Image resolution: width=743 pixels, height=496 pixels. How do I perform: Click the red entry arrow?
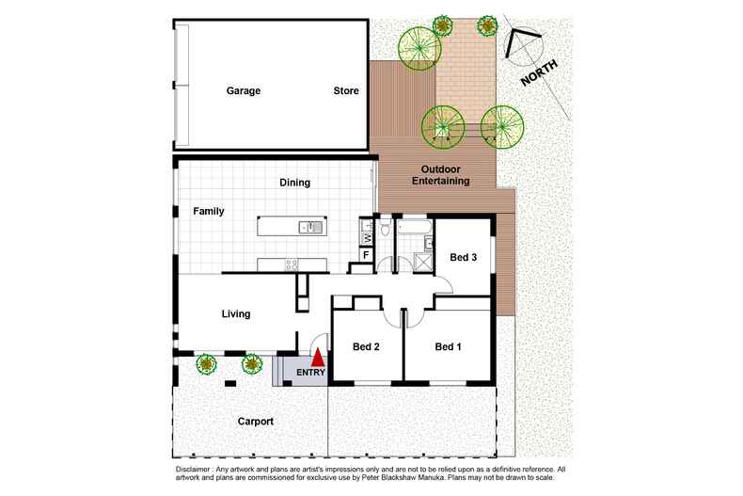pyautogui.click(x=318, y=358)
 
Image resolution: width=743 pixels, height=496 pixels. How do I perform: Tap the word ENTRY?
pyautogui.click(x=310, y=374)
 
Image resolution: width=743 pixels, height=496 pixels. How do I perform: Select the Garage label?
pyautogui.click(x=243, y=91)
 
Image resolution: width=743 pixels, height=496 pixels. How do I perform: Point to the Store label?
pyautogui.click(x=346, y=91)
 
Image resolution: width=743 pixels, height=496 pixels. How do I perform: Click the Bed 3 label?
pyautogui.click(x=463, y=257)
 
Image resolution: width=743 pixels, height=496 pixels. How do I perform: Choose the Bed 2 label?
pyautogui.click(x=366, y=347)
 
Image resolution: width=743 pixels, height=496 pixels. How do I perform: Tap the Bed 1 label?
pyautogui.click(x=449, y=347)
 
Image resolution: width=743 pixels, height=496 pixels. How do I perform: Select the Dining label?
pyautogui.click(x=293, y=183)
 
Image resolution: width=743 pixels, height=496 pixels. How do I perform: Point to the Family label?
pyautogui.click(x=209, y=212)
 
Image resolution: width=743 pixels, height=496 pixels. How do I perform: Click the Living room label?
pyautogui.click(x=236, y=314)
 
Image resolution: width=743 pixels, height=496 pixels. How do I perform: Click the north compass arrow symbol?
pyautogui.click(x=520, y=40)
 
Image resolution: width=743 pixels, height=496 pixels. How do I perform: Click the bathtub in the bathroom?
pyautogui.click(x=414, y=228)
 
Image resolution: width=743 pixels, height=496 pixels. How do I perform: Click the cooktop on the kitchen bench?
pyautogui.click(x=292, y=264)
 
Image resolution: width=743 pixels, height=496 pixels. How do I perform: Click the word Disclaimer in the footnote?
pyautogui.click(x=197, y=469)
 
